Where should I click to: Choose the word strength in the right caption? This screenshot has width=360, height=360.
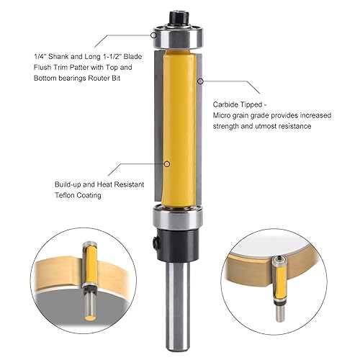(x=230, y=127)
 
